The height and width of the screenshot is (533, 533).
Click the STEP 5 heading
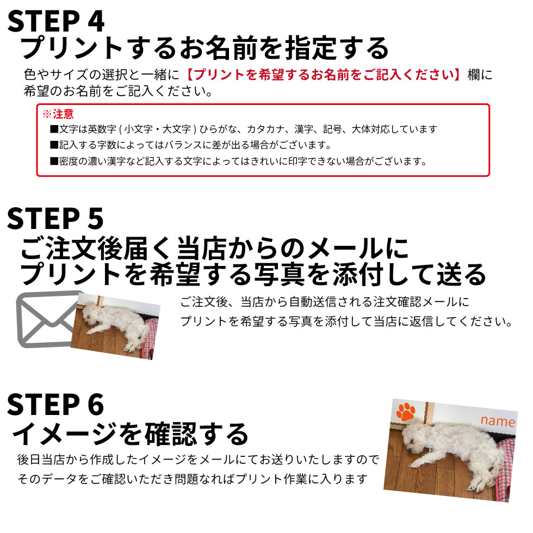pos(55,219)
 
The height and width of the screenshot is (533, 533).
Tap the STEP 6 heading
pos(55,405)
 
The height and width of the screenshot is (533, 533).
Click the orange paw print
pos(406,412)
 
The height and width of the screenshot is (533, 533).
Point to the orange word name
pos(497,422)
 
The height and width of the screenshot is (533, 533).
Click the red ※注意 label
pos(58,114)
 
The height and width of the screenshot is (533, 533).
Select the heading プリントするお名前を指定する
pos(205,49)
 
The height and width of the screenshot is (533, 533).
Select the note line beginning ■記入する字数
pos(190,145)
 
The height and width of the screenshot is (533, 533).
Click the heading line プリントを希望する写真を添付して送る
pos(253,274)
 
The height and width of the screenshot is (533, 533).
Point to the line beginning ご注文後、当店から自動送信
pos(324,302)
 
